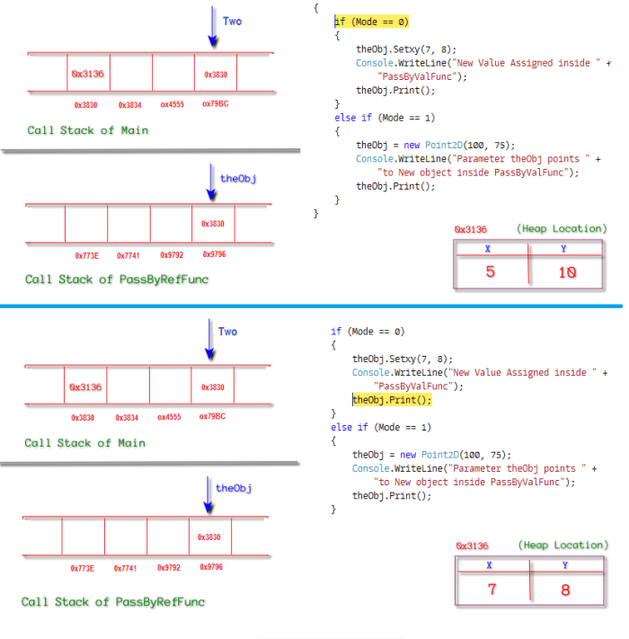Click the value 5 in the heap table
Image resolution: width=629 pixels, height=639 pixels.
pyautogui.click(x=490, y=271)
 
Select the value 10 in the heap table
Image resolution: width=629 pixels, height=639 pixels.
pyautogui.click(x=566, y=271)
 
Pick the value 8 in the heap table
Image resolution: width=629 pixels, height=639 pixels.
pyautogui.click(x=566, y=590)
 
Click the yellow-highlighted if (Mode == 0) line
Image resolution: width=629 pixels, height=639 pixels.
pyautogui.click(x=371, y=21)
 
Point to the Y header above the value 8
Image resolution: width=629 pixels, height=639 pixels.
pyautogui.click(x=565, y=565)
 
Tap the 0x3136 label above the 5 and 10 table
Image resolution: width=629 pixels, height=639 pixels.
pyautogui.click(x=470, y=229)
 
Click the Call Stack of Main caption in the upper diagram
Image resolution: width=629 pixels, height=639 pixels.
pyautogui.click(x=87, y=130)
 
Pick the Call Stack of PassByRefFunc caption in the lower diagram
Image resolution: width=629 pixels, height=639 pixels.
pyautogui.click(x=113, y=601)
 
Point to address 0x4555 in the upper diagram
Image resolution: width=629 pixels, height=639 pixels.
pyautogui.click(x=172, y=104)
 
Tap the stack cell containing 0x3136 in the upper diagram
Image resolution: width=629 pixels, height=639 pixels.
pyautogui.click(x=88, y=74)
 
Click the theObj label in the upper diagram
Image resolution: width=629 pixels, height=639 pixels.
pyautogui.click(x=238, y=178)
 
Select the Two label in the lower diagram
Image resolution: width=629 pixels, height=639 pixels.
pyautogui.click(x=228, y=332)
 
